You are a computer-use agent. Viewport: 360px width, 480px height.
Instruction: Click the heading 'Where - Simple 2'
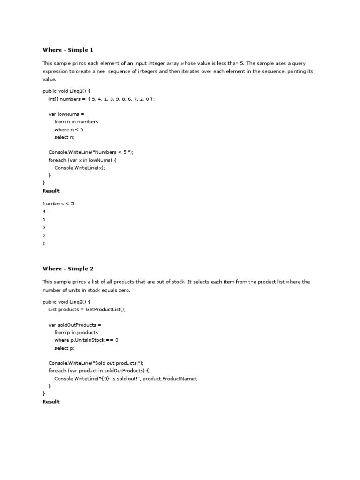68,269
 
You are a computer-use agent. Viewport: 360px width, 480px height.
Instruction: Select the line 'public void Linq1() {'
66,91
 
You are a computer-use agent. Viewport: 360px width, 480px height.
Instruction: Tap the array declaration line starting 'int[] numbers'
101,99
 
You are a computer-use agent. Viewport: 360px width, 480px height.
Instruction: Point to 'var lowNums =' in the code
67,114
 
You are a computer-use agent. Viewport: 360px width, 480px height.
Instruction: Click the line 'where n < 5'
69,129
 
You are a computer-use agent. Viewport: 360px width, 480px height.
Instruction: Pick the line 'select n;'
64,137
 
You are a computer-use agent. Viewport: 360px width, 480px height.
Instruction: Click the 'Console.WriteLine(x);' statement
80,168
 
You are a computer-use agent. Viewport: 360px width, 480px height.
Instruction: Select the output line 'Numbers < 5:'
60,203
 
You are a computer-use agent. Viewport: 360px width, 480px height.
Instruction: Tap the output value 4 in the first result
44,211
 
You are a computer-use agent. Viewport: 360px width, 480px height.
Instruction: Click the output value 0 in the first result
44,244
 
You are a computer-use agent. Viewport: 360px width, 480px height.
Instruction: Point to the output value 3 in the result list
44,228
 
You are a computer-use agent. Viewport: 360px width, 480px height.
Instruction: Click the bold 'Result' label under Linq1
51,191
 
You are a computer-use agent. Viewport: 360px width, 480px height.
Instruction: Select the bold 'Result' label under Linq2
51,402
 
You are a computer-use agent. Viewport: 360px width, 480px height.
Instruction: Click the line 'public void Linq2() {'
66,302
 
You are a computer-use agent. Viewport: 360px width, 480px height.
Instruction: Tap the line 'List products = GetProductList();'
87,309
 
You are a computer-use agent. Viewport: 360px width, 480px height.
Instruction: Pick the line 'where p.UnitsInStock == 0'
86,340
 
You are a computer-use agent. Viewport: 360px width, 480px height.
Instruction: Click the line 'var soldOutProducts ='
75,324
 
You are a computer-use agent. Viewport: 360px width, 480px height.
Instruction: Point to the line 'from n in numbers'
76,122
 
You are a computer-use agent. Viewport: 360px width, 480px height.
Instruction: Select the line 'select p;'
64,348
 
